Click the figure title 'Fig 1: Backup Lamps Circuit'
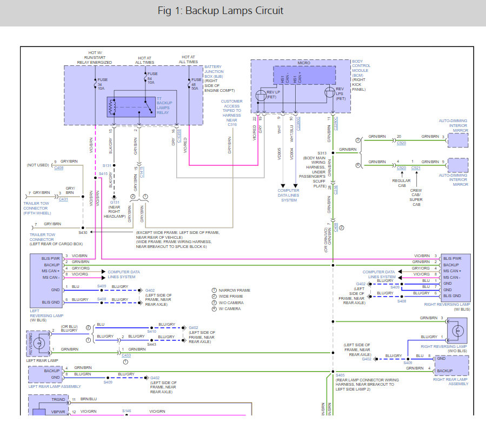[x=221, y=11]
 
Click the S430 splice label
[x=83, y=232]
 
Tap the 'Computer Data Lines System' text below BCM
[x=289, y=195]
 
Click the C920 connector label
[x=401, y=144]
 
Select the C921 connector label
[x=415, y=168]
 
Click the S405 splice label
[x=340, y=375]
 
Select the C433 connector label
[x=126, y=355]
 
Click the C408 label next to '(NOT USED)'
[x=59, y=168]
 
